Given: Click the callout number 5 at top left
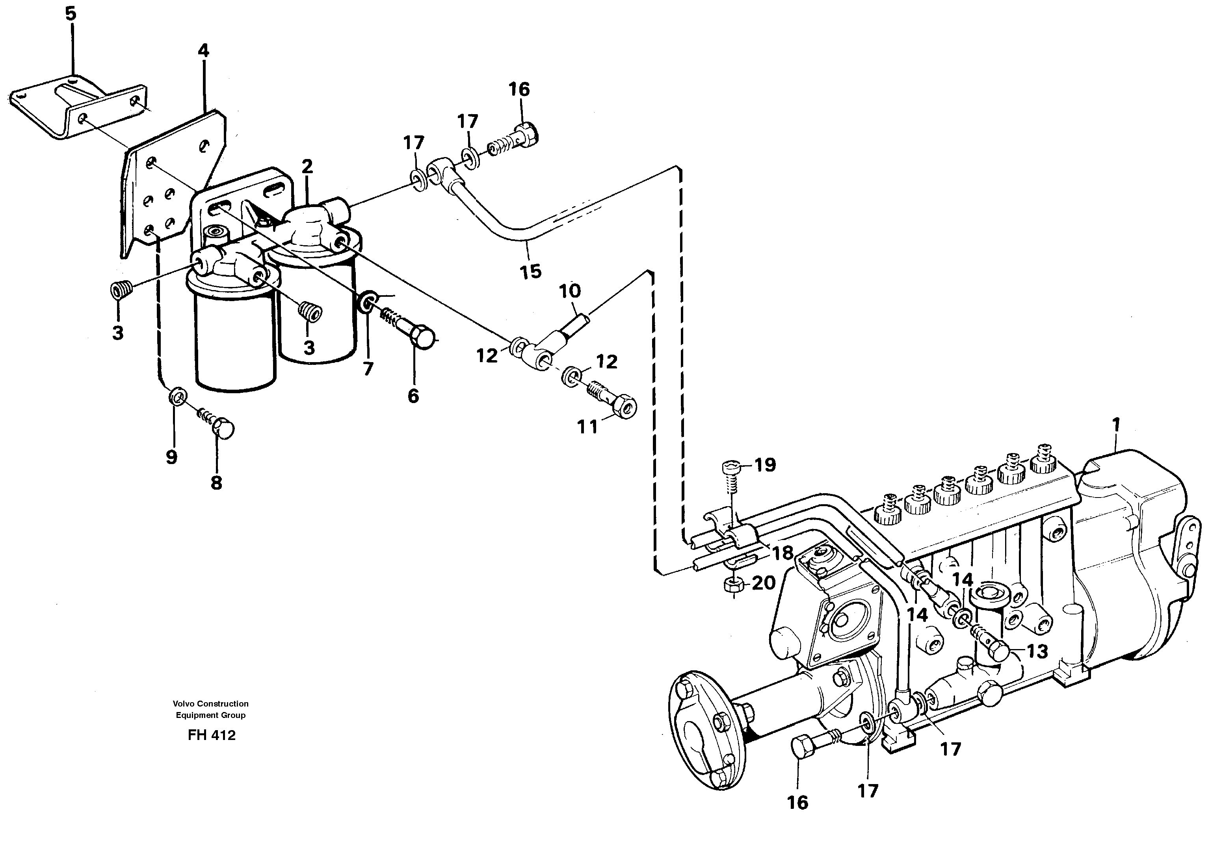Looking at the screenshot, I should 71,14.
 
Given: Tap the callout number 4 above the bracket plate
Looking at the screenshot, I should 203,50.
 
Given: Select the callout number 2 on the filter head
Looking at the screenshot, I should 307,166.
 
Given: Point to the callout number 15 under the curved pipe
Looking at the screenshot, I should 530,271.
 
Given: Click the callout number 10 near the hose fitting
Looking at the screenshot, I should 569,291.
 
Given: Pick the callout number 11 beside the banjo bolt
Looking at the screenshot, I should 587,427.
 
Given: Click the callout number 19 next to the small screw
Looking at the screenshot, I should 766,465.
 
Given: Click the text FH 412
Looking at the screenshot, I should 212,735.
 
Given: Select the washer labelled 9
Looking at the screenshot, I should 177,396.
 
